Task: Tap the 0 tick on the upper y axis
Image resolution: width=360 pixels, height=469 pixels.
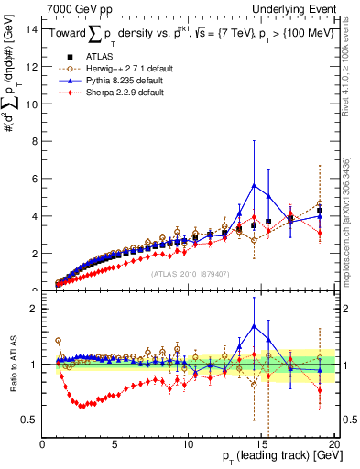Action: point(34,290)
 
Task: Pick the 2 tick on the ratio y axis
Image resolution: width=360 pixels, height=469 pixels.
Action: point(34,309)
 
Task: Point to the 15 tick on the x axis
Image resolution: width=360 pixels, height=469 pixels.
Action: point(261,443)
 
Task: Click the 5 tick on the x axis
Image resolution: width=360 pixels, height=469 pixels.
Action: point(115,443)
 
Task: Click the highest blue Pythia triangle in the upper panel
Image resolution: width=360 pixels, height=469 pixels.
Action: point(254,186)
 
